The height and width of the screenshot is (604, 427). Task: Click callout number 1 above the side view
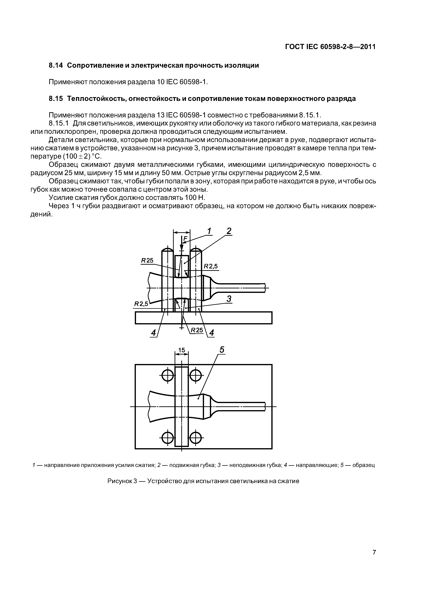coord(209,231)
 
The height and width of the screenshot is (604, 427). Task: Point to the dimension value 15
coord(181,350)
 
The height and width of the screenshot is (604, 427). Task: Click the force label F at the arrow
coord(185,239)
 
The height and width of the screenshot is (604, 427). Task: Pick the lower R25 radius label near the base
coord(197,330)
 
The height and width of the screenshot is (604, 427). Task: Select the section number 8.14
coord(56,65)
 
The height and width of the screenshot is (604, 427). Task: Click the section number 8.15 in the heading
coord(56,99)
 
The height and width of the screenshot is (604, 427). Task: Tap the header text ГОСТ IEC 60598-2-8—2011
coord(330,47)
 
